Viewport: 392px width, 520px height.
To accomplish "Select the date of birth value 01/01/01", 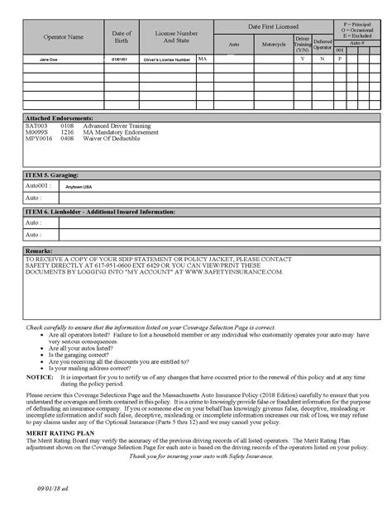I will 121,60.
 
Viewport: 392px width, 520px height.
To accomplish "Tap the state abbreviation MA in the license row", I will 203,60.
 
